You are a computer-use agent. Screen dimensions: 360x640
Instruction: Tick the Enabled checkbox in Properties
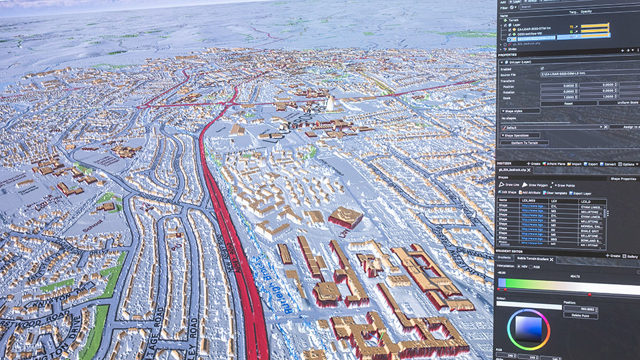542,68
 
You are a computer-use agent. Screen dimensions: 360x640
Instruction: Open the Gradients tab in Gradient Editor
504,257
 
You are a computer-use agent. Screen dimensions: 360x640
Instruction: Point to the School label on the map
93,226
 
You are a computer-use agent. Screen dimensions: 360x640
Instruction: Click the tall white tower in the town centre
329,103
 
